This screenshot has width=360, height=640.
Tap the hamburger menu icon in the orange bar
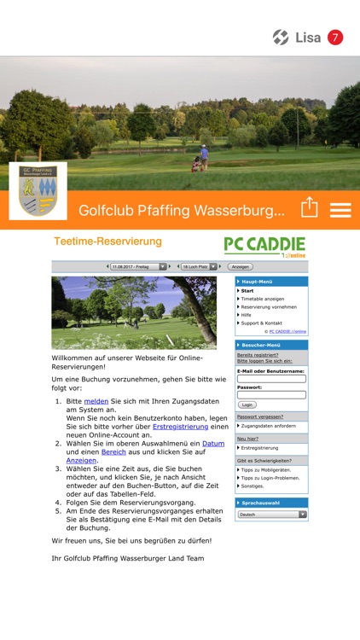click(340, 209)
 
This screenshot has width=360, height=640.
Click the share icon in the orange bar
click(309, 208)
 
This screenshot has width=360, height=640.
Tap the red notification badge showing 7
click(335, 38)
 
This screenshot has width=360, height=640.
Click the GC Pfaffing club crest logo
click(38, 189)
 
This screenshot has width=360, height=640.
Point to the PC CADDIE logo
click(264, 247)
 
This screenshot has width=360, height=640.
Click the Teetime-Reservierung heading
click(107, 241)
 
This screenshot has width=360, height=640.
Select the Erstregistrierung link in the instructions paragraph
click(180, 426)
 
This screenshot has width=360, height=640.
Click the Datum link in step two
click(213, 444)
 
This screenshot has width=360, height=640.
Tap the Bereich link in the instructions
click(113, 452)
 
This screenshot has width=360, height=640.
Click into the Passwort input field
click(271, 394)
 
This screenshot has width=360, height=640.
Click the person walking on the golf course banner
click(203, 158)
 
